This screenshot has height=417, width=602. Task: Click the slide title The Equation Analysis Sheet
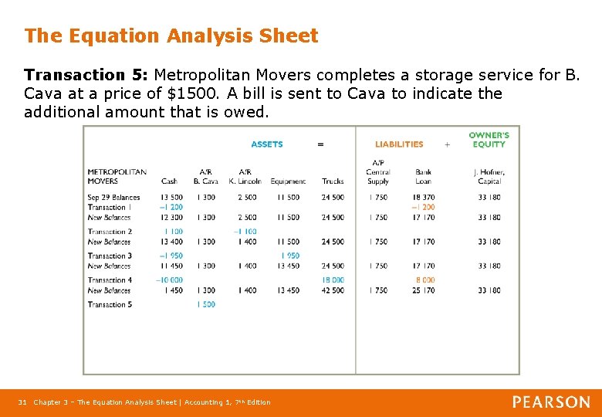(171, 36)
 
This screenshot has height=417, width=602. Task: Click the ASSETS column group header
(267, 144)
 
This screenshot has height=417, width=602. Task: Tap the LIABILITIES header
(399, 144)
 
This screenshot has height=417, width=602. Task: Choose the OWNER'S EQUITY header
(489, 140)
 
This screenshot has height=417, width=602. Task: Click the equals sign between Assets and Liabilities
(321, 144)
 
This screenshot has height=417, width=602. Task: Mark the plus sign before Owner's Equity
(447, 144)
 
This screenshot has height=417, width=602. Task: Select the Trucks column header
(333, 181)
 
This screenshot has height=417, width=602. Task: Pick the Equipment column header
(288, 181)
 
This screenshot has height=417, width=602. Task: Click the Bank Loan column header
(423, 177)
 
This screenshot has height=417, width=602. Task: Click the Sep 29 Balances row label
(113, 198)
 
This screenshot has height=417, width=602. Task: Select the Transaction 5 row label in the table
(110, 304)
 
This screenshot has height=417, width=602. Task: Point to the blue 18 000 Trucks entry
(333, 280)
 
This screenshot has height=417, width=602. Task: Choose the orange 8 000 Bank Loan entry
(425, 280)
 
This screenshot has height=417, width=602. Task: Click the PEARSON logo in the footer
(551, 402)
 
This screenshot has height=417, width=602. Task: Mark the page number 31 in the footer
(22, 402)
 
